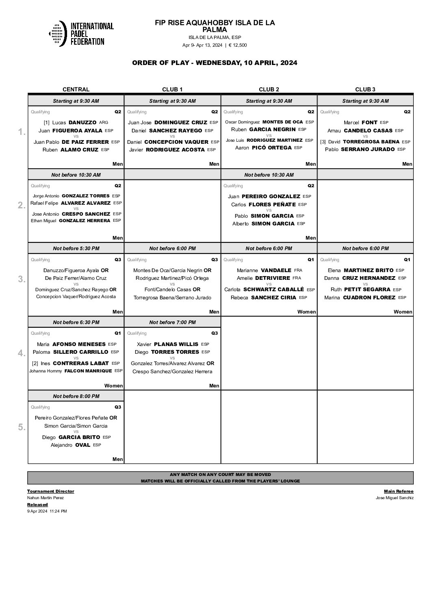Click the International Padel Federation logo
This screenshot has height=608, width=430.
[81, 33]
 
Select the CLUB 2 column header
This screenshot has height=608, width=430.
[269, 89]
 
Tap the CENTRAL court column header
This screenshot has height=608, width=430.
[76, 89]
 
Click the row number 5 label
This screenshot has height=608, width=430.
[22, 427]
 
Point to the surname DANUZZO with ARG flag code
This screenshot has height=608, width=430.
[83, 122]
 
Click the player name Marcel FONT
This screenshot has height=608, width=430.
[361, 122]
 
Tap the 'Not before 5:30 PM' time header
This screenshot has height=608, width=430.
[76, 248]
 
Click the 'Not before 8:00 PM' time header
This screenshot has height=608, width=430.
[76, 396]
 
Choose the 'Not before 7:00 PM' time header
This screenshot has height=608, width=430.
[172, 322]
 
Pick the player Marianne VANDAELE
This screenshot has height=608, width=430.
[264, 270]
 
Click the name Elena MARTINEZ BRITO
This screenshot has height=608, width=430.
[361, 270]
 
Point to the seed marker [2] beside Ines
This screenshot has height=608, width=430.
[35, 364]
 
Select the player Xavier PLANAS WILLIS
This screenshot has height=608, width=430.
[167, 344]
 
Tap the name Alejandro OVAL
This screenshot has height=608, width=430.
[70, 445]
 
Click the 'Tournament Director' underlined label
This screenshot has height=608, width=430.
[51, 491]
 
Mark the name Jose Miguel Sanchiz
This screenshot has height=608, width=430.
[395, 498]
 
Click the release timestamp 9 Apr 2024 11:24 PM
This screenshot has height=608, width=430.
[47, 511]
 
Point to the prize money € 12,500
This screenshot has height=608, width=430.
[237, 45]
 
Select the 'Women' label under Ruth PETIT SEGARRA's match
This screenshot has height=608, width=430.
[403, 312]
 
